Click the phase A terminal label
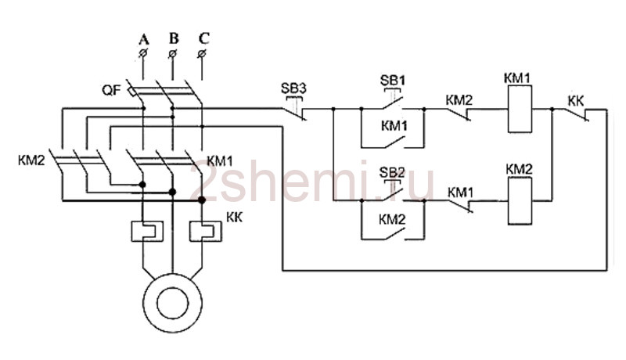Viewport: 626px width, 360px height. pyautogui.click(x=144, y=39)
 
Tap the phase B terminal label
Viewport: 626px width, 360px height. pyautogui.click(x=174, y=38)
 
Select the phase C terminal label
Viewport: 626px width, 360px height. pyautogui.click(x=203, y=38)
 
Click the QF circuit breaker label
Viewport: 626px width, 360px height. pyautogui.click(x=111, y=90)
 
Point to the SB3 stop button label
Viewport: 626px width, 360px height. pyautogui.click(x=293, y=88)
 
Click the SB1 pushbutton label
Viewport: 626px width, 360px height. pyautogui.click(x=393, y=81)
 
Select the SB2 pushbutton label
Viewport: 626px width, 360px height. pyautogui.click(x=392, y=172)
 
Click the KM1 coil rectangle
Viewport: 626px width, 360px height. pyautogui.click(x=520, y=109)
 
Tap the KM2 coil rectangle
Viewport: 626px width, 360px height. pyautogui.click(x=520, y=201)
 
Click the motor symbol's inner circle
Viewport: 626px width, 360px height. pyautogui.click(x=172, y=303)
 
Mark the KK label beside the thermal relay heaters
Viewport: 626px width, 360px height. pyautogui.click(x=234, y=218)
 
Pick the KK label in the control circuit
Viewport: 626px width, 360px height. pyautogui.click(x=576, y=102)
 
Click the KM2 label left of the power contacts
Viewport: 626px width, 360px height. pyautogui.click(x=31, y=160)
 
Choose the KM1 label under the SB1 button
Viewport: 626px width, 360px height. pyautogui.click(x=394, y=126)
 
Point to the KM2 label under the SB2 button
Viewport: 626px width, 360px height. pyautogui.click(x=392, y=219)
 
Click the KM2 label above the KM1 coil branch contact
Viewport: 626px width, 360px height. pyautogui.click(x=459, y=100)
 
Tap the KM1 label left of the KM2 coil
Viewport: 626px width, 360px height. pyautogui.click(x=460, y=193)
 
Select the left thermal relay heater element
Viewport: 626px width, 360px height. pyautogui.click(x=147, y=231)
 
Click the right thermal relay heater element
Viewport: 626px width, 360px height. pyautogui.click(x=206, y=231)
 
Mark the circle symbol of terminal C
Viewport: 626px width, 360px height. pyautogui.click(x=202, y=53)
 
